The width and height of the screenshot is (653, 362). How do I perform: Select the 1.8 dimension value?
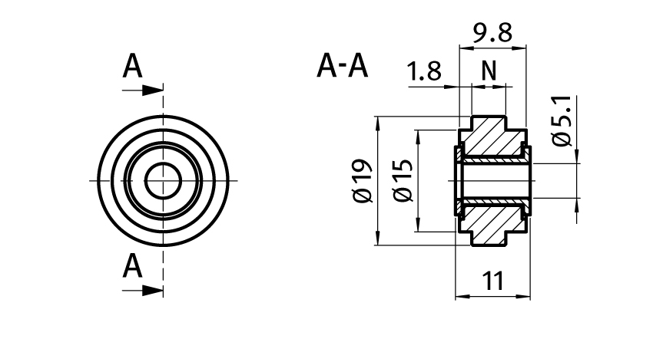coord(425,72)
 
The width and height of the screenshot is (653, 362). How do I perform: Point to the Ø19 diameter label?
coord(362,181)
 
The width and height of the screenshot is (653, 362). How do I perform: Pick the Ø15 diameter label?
coord(403,181)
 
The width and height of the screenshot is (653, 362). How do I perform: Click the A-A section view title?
coord(343,67)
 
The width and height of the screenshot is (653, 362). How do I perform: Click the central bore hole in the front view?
coord(163,181)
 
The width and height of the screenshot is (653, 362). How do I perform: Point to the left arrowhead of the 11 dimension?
coord(461,295)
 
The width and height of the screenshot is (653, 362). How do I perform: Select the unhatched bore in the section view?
coord(492,181)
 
